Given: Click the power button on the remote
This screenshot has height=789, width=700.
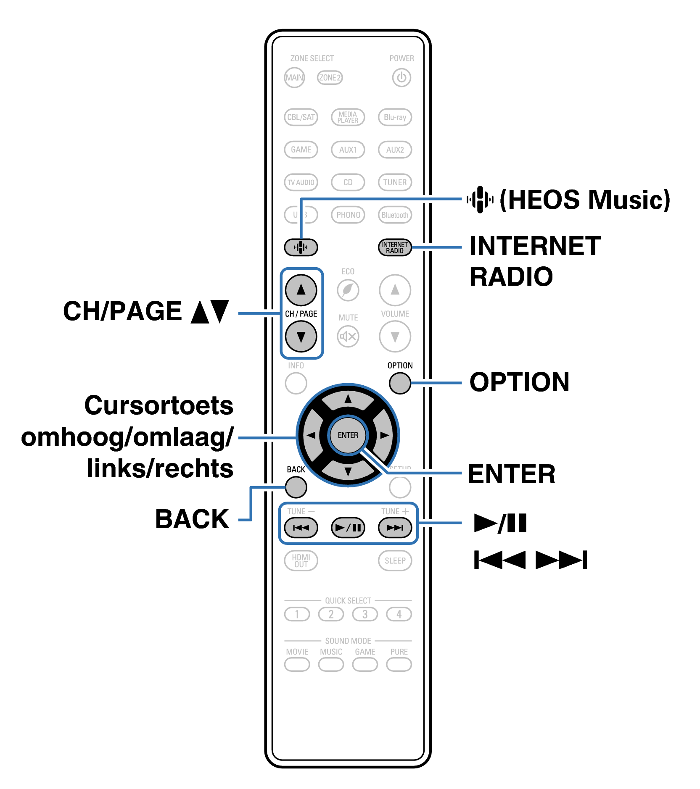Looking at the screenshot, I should pos(401,78).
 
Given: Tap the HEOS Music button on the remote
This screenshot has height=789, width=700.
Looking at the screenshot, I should pos(301,247).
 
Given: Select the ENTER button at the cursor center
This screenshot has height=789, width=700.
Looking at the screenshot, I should pos(348,435).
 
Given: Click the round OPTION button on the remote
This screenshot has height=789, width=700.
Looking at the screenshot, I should pos(399,383).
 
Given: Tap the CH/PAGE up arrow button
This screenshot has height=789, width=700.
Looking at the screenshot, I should pos(301,290).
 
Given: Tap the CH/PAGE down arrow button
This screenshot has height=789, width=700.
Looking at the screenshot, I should pos(301,337).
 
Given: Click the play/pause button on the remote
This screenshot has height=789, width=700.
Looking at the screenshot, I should pos(348,528).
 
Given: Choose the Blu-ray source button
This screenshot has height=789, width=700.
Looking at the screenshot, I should pos(395,117).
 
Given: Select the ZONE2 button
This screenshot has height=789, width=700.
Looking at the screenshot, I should pos(330,78).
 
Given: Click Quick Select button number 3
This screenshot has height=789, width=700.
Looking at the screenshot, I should pos(365,614).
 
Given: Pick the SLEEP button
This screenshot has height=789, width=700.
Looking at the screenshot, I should pos(395,561).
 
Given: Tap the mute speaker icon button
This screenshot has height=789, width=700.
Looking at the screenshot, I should pos(348,337).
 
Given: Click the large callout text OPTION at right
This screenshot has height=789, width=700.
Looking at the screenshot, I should pos(519,382).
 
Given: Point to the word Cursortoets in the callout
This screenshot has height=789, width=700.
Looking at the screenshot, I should pos(158,406).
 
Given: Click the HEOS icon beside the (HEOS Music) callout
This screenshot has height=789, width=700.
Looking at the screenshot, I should pos(480,200).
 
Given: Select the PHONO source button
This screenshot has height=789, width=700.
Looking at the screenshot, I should pos(348,215).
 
